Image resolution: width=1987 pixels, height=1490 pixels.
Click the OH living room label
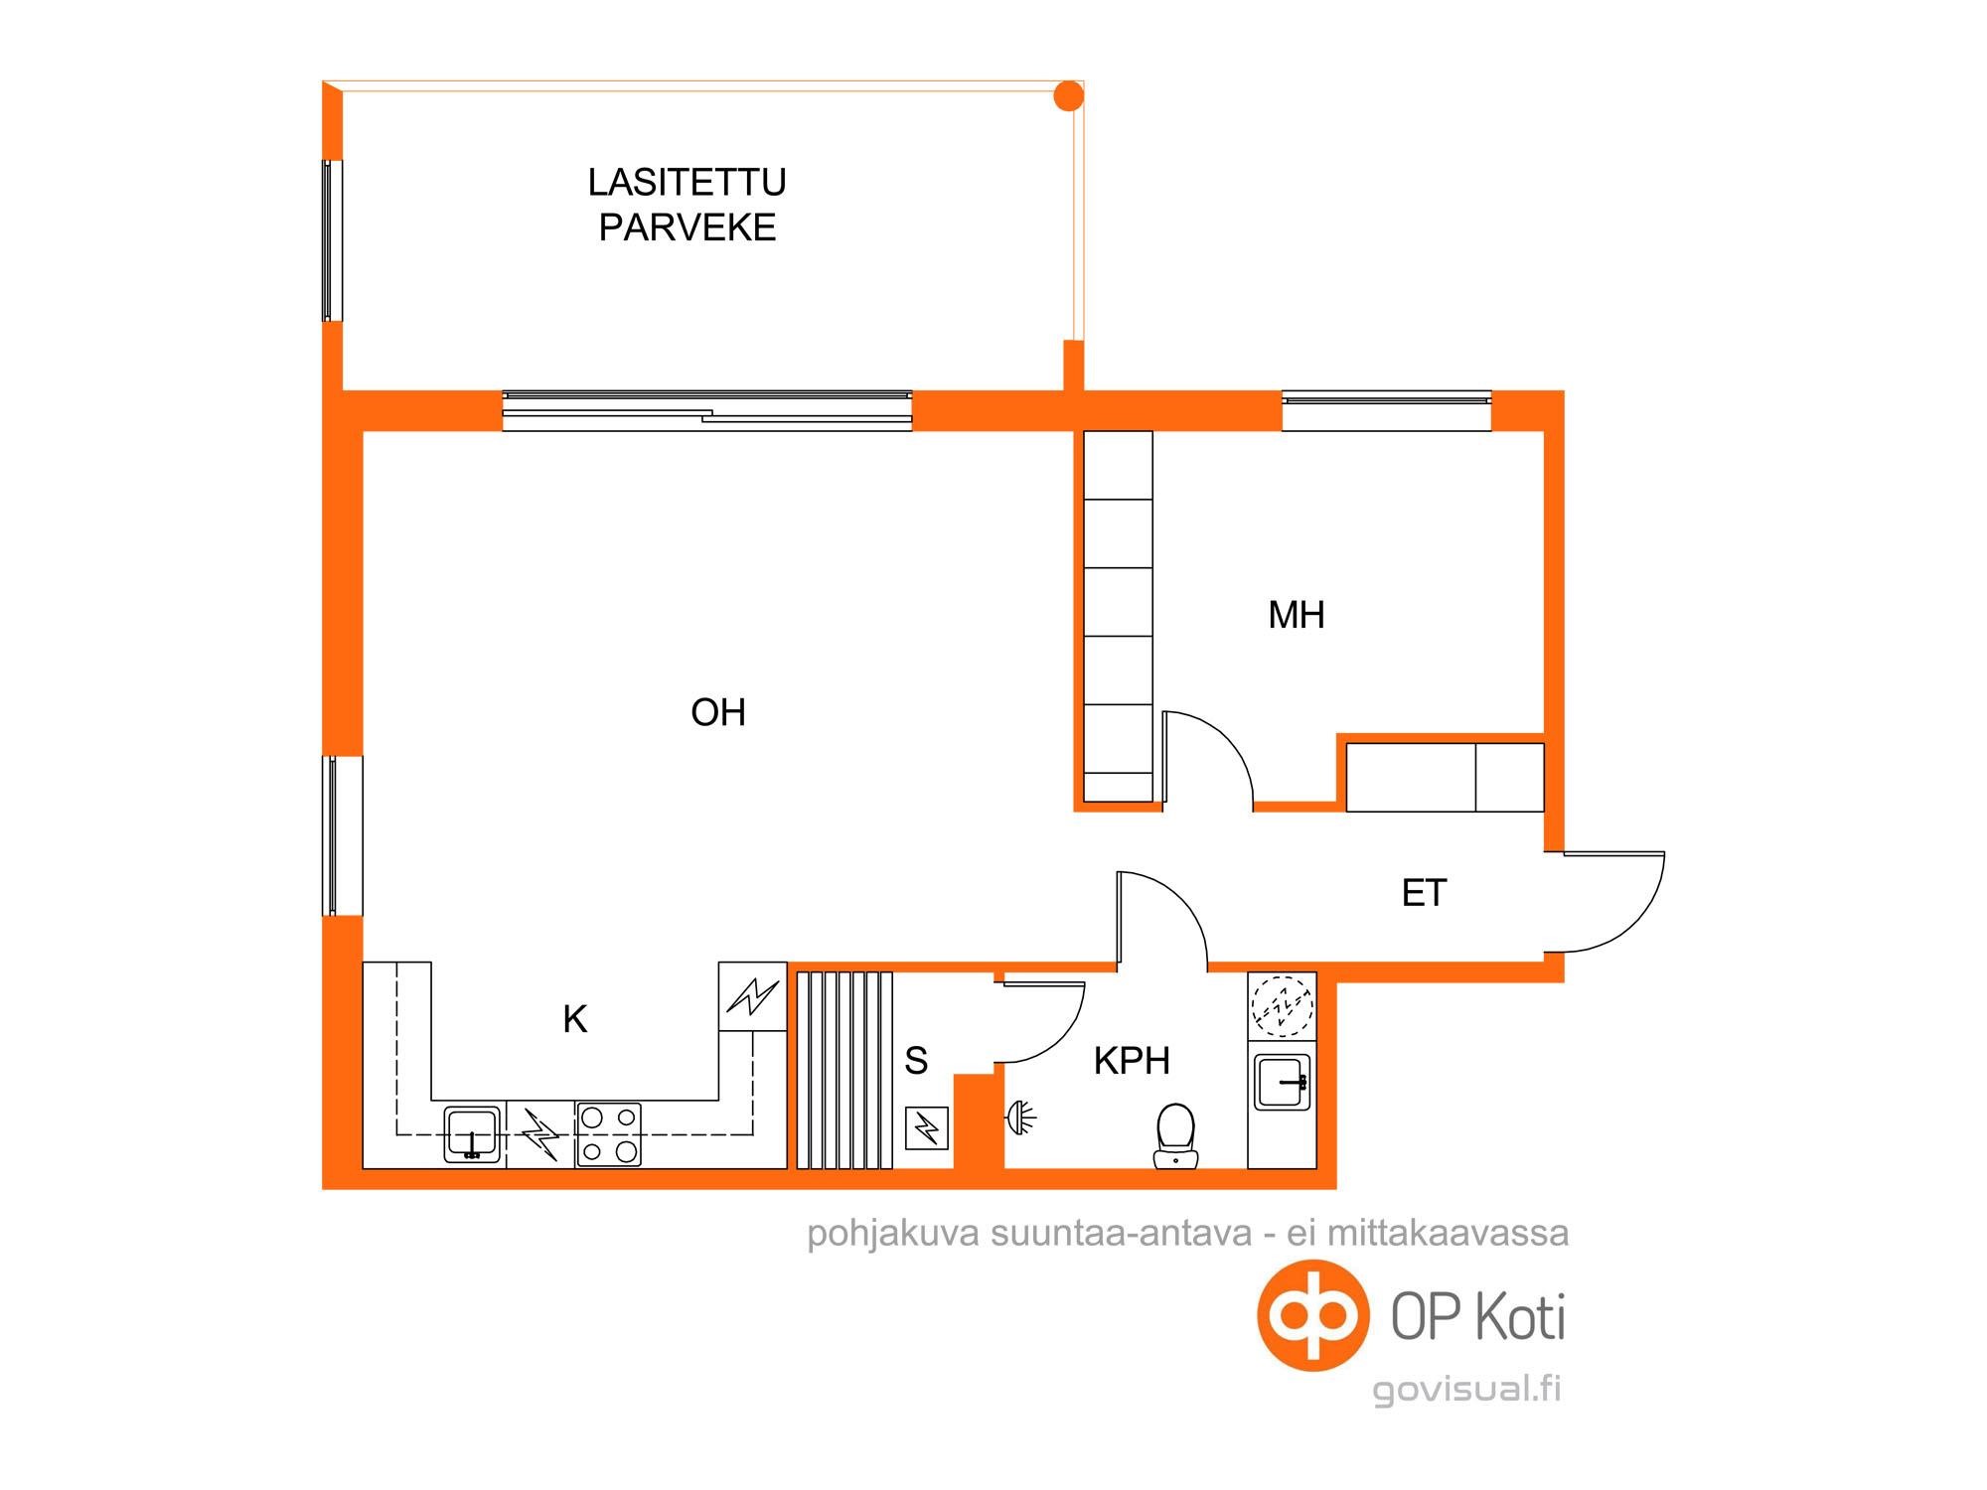tap(718, 712)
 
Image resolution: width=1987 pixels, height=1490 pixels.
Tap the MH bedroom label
tap(1297, 615)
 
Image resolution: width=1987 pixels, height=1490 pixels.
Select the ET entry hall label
tap(1424, 893)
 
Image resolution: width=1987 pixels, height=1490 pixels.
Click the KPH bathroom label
tap(1132, 1061)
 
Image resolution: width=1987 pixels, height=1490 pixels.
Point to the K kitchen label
tap(575, 1019)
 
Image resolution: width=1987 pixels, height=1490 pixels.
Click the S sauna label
tap(916, 1061)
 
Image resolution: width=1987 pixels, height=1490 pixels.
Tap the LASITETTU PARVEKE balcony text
tap(687, 205)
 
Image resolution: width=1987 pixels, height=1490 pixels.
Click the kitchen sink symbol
tap(472, 1133)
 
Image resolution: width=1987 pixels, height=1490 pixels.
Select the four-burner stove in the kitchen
tap(608, 1133)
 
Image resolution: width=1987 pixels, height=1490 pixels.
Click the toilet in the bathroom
tap(1175, 1134)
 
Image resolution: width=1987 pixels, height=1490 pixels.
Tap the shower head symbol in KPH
tap(1021, 1117)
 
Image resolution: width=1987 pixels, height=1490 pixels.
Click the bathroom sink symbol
tap(1283, 1082)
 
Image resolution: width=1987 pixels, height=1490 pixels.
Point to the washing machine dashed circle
tap(1282, 1006)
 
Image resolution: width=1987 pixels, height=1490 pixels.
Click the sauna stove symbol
tap(927, 1127)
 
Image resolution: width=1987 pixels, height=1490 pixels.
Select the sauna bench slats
tap(844, 1070)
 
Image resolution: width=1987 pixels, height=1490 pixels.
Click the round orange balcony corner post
tap(1068, 95)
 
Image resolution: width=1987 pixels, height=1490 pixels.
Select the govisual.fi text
tap(1467, 1390)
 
